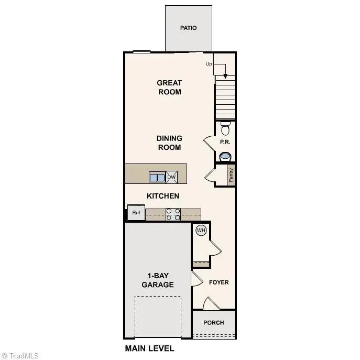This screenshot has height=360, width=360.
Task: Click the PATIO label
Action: pyautogui.click(x=189, y=28)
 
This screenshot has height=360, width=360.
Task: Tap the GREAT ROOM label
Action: pyautogui.click(x=169, y=87)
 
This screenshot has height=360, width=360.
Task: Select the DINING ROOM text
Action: pyautogui.click(x=169, y=143)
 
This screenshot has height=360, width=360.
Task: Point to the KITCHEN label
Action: pyautogui.click(x=163, y=196)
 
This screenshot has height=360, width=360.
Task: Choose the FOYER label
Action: pyautogui.click(x=219, y=282)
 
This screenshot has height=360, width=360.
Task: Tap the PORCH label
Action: pyautogui.click(x=214, y=323)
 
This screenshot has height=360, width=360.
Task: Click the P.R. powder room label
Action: pyautogui.click(x=225, y=142)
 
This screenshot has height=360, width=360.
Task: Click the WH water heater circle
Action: pyautogui.click(x=201, y=230)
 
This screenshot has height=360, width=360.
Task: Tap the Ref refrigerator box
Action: pyautogui.click(x=136, y=213)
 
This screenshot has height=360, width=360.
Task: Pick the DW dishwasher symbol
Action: pyautogui.click(x=172, y=177)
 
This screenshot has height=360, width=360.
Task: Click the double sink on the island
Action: pyautogui.click(x=157, y=177)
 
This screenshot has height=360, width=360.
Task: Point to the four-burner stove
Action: pyautogui.click(x=173, y=214)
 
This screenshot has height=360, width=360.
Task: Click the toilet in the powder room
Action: pyautogui.click(x=225, y=128)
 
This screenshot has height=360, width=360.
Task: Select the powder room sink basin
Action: pyautogui.click(x=225, y=156)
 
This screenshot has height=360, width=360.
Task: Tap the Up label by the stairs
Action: pyautogui.click(x=209, y=64)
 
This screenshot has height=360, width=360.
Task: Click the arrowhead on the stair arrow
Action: pyautogui.click(x=225, y=75)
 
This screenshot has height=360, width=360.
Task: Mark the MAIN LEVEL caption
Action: pyautogui.click(x=149, y=348)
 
